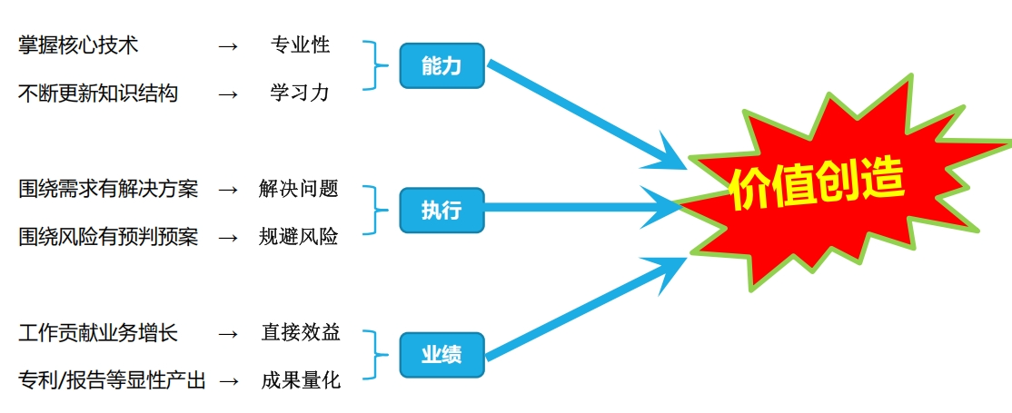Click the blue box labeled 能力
[442, 65]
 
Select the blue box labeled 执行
[442, 210]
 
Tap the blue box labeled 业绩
[442, 354]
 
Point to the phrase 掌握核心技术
[78, 45]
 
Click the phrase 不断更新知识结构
[98, 94]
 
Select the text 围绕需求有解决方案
[108, 190]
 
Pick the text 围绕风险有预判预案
[108, 237]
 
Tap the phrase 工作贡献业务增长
[98, 334]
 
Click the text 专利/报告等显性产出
[112, 380]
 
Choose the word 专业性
[300, 45]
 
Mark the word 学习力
[300, 93]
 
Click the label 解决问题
[299, 189]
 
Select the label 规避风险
[299, 237]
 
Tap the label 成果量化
[301, 380]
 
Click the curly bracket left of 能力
[375, 65]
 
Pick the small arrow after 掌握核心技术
[228, 46]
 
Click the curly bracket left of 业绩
[375, 354]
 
